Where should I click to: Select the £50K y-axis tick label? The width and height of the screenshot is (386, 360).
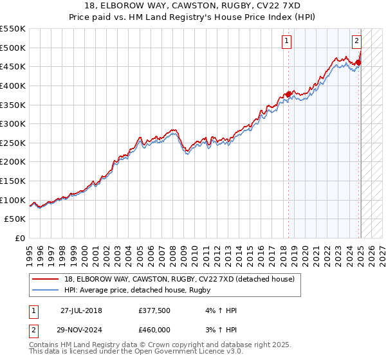(x=15, y=219)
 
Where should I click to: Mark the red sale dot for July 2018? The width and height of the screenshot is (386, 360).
(x=288, y=94)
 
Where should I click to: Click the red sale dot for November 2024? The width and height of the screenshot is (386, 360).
(x=358, y=62)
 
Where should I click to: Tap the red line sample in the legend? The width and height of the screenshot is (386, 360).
(x=46, y=280)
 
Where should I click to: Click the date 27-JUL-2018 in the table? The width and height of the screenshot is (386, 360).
(x=81, y=310)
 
